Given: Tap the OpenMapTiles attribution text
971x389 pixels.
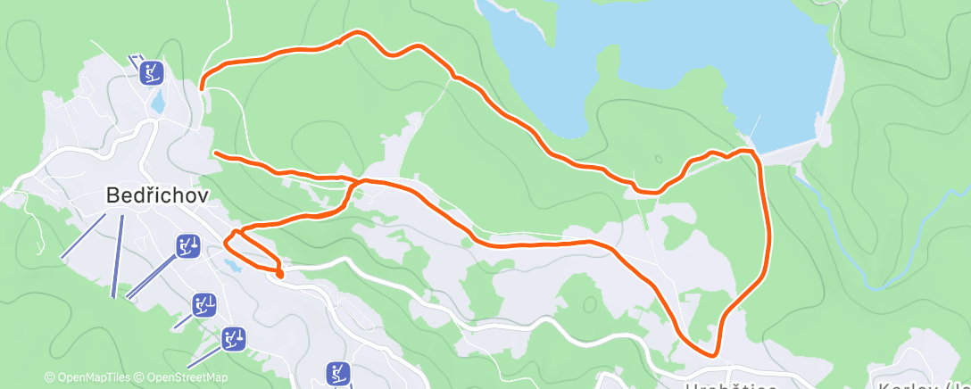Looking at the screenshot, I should tap(87, 377).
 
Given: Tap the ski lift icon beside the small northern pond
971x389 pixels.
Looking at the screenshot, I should tap(154, 71).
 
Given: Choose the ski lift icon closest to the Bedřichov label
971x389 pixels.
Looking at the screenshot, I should tap(187, 245).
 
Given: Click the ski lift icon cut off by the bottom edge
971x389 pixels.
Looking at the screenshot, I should tap(337, 373).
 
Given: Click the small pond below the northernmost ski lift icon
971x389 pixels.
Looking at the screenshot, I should tap(158, 103).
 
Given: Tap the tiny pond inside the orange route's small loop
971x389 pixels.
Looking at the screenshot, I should tap(232, 264).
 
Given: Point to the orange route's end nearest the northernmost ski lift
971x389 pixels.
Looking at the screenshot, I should tap(203, 87).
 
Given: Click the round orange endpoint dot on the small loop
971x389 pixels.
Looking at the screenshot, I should tap(279, 274).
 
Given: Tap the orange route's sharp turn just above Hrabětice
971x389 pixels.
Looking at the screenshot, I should tap(713, 354).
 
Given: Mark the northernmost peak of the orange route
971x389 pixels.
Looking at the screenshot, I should tap(359, 33).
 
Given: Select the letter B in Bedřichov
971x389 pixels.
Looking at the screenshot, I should tap(112, 194).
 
